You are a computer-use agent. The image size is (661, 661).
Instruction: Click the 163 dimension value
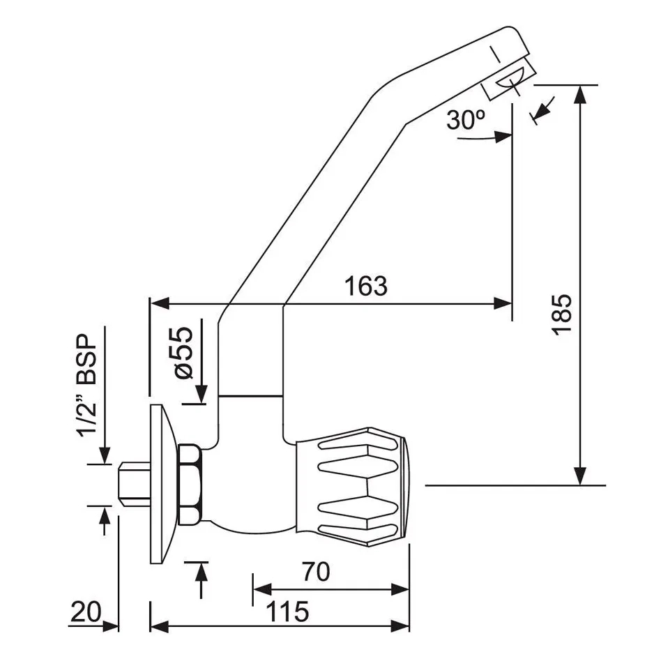pos(365,287)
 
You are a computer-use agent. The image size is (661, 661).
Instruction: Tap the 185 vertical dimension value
pos(563,314)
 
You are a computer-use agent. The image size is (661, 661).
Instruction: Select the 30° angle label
pos(465,120)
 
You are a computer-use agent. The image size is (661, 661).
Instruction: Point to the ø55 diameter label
pos(184,354)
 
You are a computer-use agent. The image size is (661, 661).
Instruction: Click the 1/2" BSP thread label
pos(86,386)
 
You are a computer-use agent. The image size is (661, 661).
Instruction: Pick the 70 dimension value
pos(316,572)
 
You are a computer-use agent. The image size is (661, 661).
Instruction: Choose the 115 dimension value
pos(287,611)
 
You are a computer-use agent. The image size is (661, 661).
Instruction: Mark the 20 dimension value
pos(86,611)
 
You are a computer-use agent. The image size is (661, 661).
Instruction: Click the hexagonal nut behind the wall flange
pos(190,485)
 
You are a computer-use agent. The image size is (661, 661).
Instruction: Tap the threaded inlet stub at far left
pos(135,485)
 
